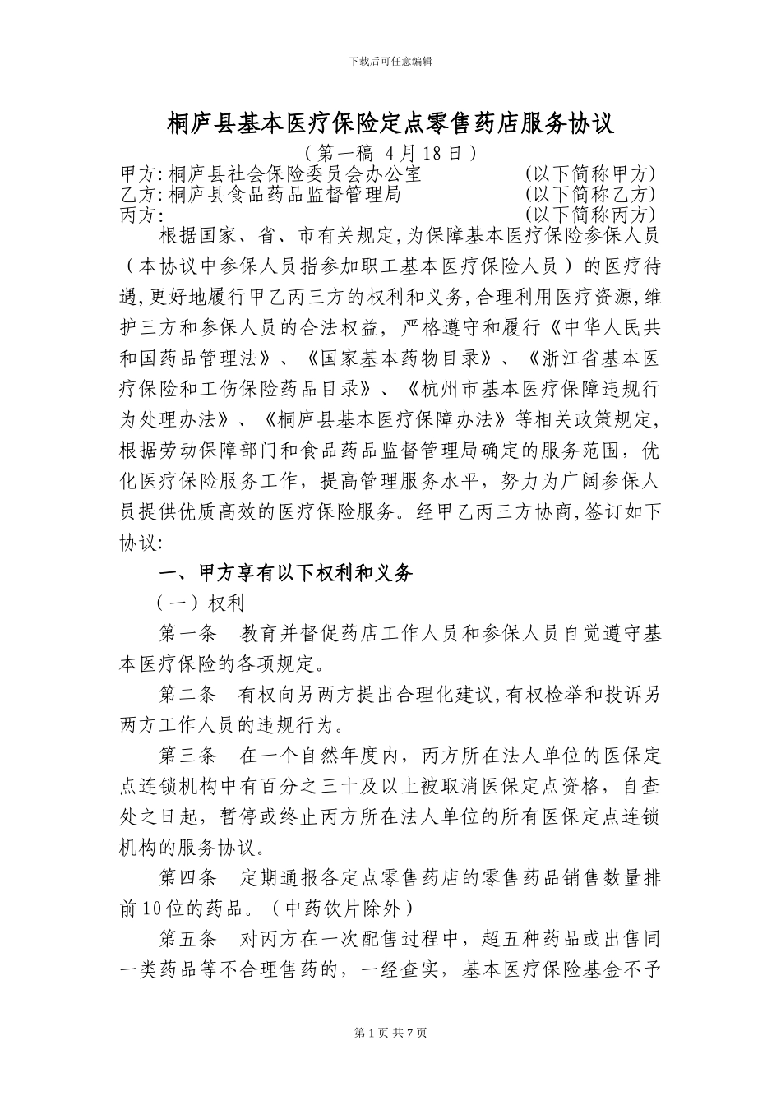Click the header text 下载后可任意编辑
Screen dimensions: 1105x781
[390, 62]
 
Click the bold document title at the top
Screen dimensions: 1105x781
[390, 124]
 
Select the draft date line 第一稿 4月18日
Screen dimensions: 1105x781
[390, 153]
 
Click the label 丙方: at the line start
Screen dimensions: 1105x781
[138, 215]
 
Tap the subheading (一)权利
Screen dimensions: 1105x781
[201, 603]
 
